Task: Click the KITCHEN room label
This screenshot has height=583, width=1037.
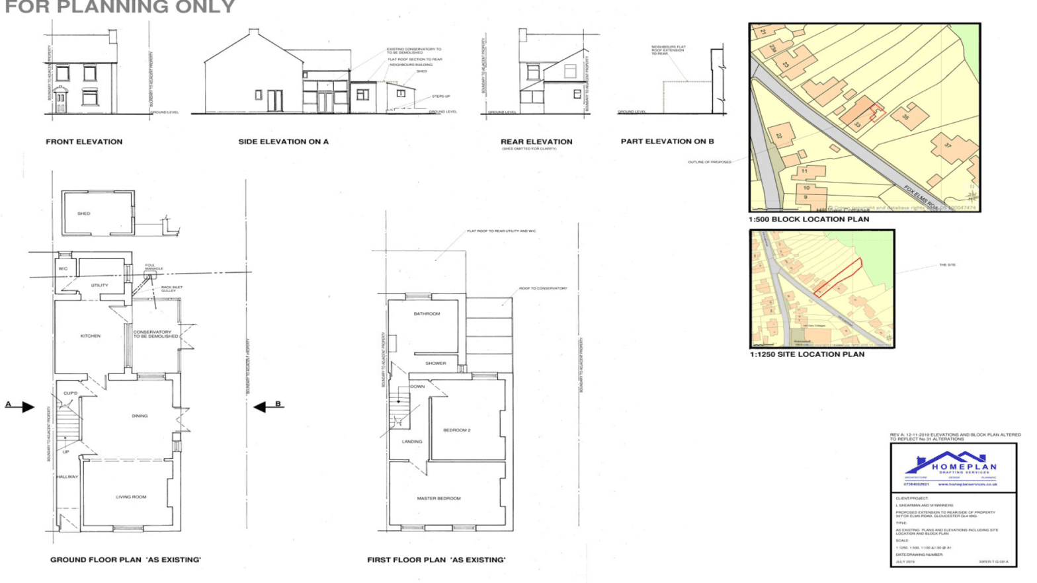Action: (91, 336)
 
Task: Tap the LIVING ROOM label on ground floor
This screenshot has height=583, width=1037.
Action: (131, 496)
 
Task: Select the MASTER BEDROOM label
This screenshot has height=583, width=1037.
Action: (438, 498)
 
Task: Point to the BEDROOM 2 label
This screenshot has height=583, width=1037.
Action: (456, 430)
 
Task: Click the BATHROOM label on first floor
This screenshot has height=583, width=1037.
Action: (427, 314)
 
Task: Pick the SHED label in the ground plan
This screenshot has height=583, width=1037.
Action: (84, 214)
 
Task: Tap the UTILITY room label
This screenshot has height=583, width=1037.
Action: (100, 286)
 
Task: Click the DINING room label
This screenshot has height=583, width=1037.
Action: (140, 416)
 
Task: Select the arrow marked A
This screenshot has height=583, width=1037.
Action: (25, 407)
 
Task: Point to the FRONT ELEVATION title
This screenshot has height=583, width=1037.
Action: (84, 141)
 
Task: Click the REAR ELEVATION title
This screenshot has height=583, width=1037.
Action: (536, 141)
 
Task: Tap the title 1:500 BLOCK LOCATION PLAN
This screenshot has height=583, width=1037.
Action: (809, 219)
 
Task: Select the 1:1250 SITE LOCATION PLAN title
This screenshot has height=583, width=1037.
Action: (807, 354)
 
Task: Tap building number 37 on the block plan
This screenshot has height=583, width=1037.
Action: (947, 144)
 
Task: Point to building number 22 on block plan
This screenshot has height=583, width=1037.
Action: (779, 136)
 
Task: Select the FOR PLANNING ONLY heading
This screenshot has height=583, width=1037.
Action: (120, 7)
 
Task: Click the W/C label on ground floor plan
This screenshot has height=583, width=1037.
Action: (63, 269)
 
